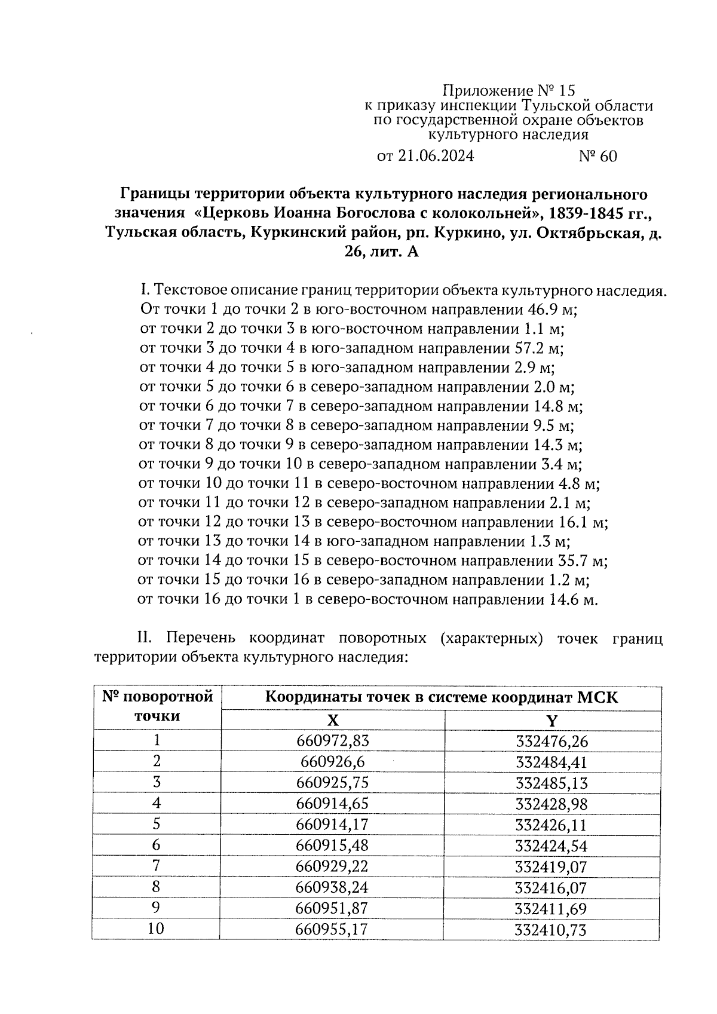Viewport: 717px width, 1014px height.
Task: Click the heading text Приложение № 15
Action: [508, 91]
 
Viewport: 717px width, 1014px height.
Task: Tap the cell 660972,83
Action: [333, 741]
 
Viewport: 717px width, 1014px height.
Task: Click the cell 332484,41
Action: [551, 762]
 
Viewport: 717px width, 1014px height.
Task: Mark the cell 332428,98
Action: [551, 804]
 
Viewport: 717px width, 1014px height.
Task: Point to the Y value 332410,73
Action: [551, 930]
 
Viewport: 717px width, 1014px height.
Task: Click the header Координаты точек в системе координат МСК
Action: [442, 698]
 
